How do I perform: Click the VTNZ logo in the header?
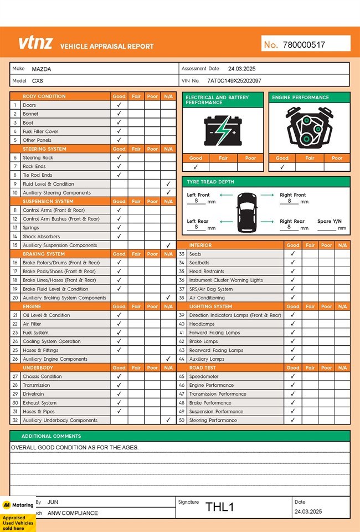coord(36,43)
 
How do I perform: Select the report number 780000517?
coord(304,45)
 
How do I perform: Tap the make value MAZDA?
coord(41,69)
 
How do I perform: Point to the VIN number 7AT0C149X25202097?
coord(234,81)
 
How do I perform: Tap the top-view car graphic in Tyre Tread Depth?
coord(246,212)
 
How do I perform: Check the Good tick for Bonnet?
coord(119,114)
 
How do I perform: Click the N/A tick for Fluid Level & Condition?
coord(168,184)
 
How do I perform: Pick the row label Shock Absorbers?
coord(41,237)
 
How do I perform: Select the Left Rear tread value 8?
coord(196,227)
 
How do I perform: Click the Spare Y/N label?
coord(330,221)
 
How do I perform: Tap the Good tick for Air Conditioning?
coord(293,298)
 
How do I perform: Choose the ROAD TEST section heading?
coord(203,367)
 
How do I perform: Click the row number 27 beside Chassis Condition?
coord(16,376)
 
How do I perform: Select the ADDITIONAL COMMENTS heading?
coord(51,436)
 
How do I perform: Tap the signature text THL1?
coord(220,507)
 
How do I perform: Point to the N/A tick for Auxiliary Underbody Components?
coord(168,420)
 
